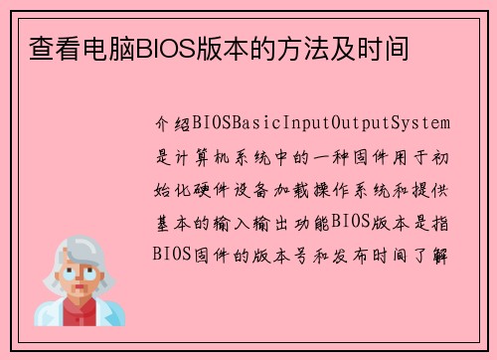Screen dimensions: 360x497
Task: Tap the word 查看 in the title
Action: [46, 47]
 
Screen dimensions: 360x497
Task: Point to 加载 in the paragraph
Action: [303, 188]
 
